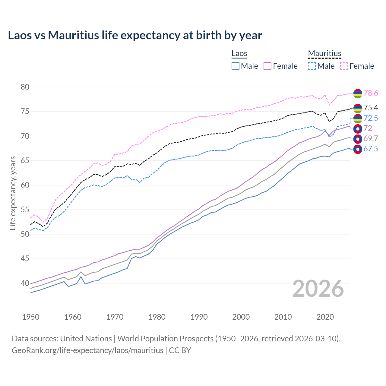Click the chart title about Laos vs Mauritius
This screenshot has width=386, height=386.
(135, 35)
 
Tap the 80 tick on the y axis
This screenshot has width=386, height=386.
(25, 87)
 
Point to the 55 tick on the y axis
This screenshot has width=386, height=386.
(25, 210)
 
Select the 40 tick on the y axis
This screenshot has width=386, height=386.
(25, 283)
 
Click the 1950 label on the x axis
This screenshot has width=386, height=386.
(31, 317)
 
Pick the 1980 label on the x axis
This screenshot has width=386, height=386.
(157, 317)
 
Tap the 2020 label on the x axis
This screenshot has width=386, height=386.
(325, 317)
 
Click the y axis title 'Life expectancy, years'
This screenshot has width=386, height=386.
(13, 193)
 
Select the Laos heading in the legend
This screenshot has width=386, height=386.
(239, 53)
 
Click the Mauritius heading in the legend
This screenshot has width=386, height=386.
(324, 53)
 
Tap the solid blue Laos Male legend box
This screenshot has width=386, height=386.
(236, 66)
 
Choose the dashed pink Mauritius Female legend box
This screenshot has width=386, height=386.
(344, 66)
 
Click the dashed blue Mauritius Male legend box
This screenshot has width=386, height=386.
(312, 66)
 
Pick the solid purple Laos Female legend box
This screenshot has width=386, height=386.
(268, 66)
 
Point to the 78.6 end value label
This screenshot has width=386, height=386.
(371, 93)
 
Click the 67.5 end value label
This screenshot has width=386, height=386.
(371, 149)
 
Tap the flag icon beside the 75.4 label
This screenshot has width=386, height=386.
(358, 108)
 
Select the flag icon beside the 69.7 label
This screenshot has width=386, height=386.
(358, 139)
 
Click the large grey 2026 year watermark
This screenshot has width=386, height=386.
(318, 289)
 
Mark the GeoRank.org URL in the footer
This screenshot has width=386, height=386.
(87, 350)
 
